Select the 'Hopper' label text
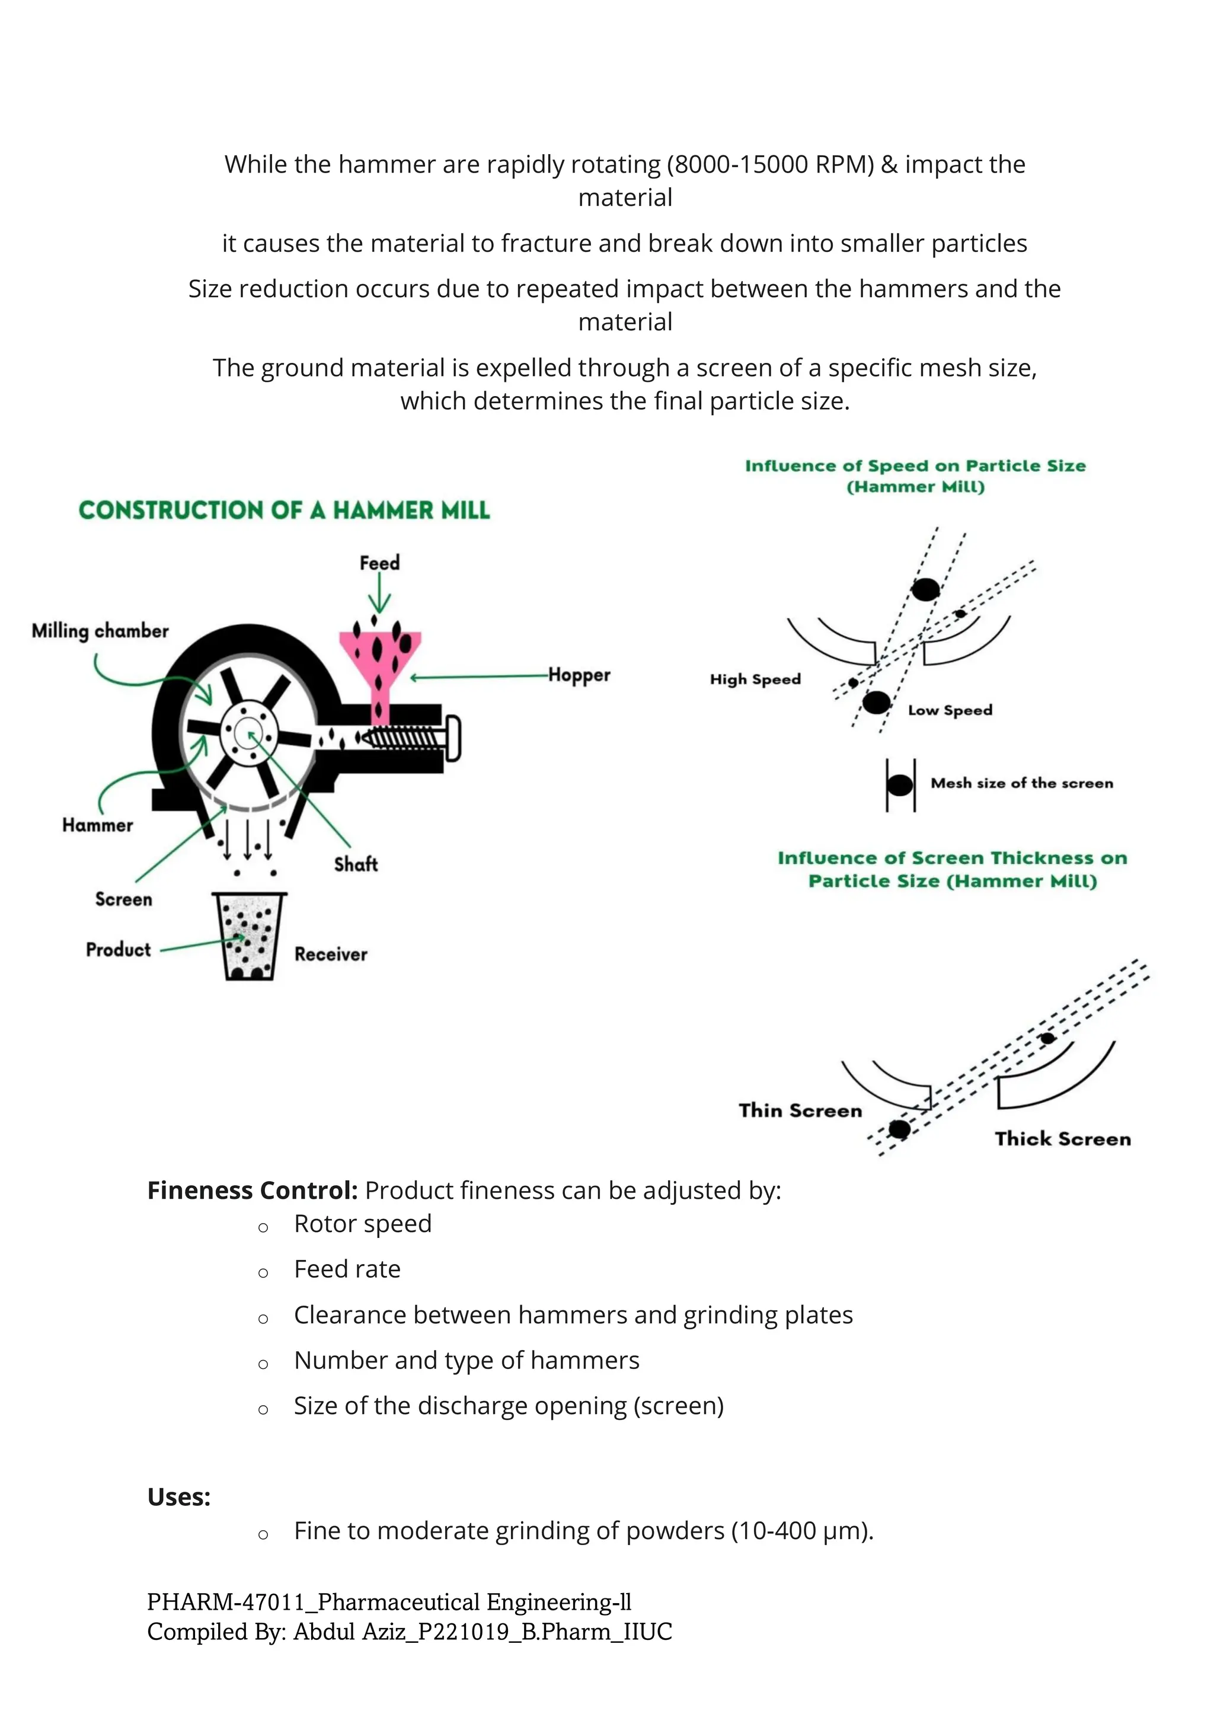tap(579, 675)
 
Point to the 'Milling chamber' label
tap(100, 631)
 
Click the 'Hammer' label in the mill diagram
tap(97, 825)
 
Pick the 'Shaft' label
tap(356, 864)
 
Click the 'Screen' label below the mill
tap(123, 899)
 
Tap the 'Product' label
tap(118, 950)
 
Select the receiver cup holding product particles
tap(249, 936)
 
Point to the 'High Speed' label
tap(755, 679)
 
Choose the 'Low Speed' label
tap(950, 710)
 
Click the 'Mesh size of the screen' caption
tap(1021, 783)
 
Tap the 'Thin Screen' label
tap(800, 1110)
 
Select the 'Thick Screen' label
tap(1062, 1139)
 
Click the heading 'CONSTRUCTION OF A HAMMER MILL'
tap(284, 510)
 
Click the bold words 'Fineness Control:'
tap(253, 1190)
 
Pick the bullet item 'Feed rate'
tap(347, 1269)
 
